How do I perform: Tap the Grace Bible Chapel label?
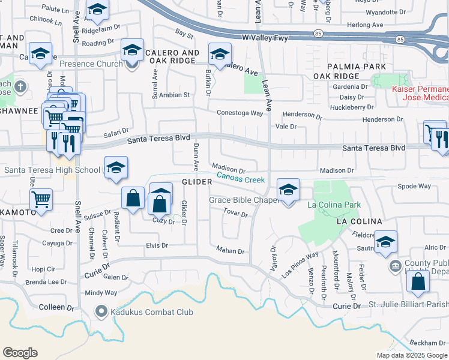(244, 200)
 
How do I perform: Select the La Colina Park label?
(334, 205)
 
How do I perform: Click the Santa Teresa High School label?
(52, 170)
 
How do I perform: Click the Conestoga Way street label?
(240, 113)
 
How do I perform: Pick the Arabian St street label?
(173, 95)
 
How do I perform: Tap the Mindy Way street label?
(101, 293)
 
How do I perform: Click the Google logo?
(20, 353)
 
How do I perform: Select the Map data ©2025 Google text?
(411, 355)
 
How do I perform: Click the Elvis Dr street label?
(157, 245)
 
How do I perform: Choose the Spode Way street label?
(414, 186)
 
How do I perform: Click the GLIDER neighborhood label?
(197, 182)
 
